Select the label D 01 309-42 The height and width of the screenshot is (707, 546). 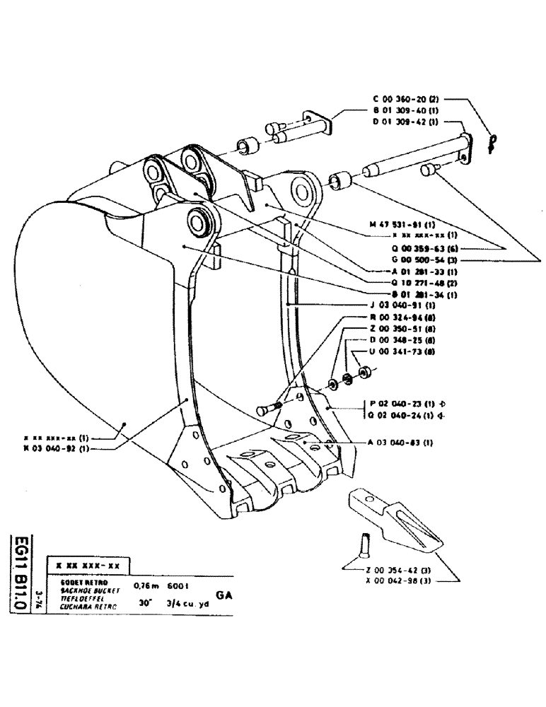407,122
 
